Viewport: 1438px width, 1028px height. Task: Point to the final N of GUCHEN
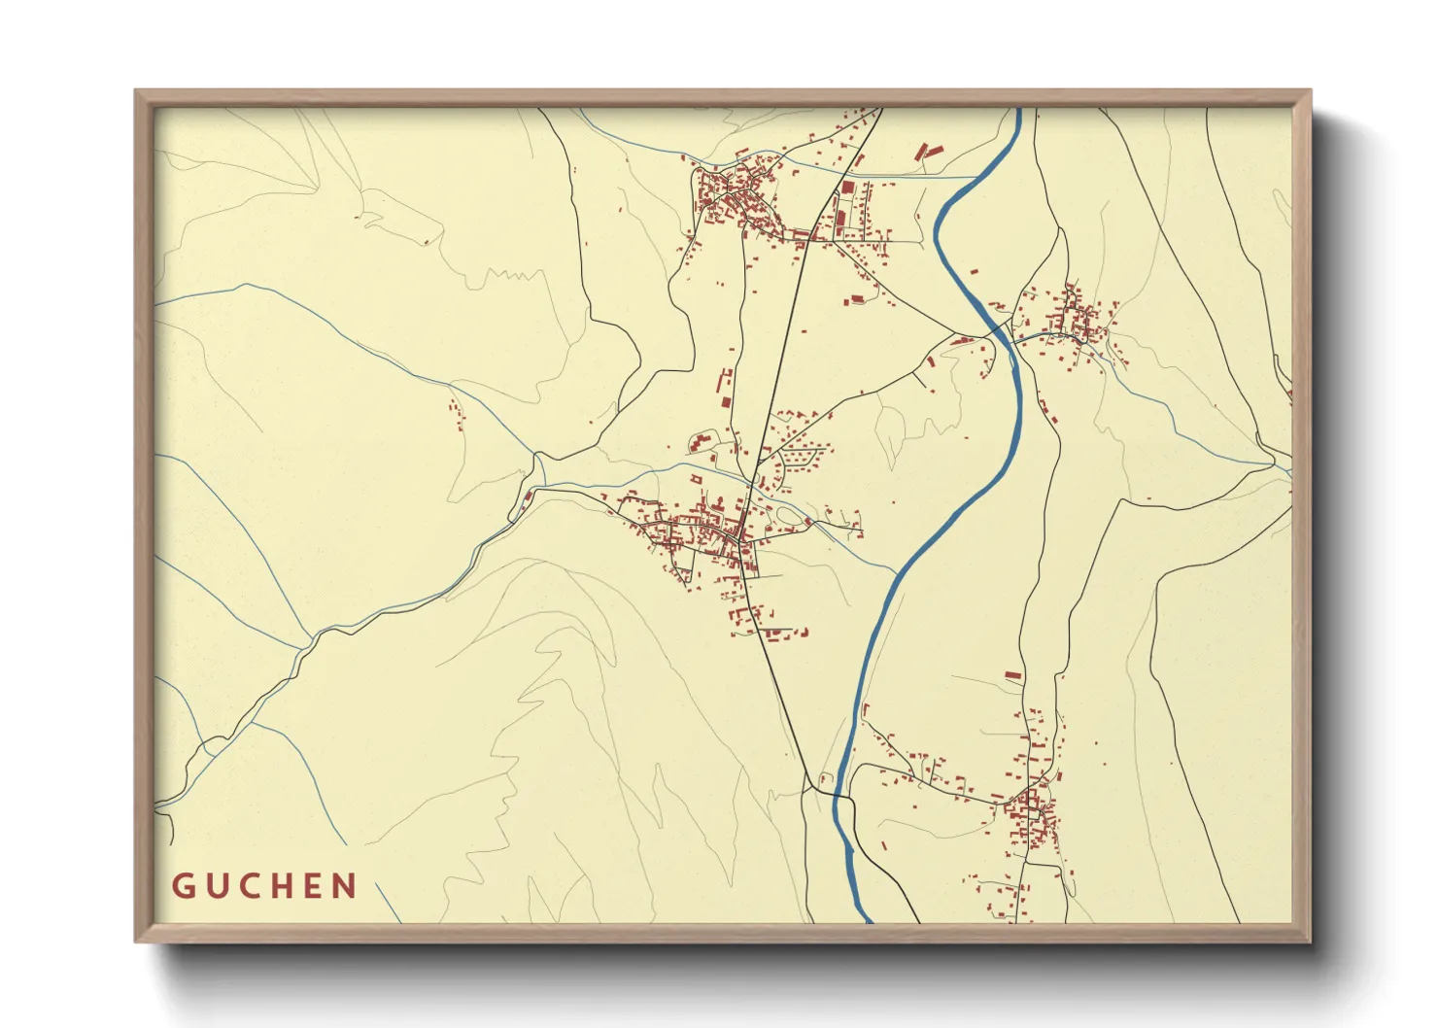(x=345, y=886)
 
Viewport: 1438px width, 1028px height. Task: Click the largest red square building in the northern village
(x=846, y=188)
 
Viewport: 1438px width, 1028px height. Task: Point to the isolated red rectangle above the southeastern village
(x=1012, y=674)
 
